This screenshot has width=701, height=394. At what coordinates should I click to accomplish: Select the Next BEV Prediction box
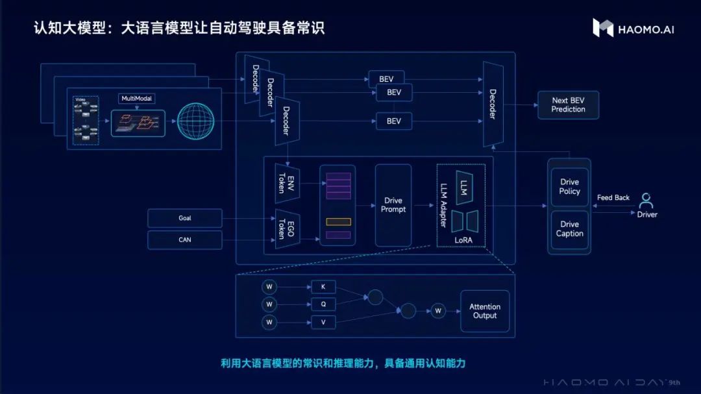[568, 105]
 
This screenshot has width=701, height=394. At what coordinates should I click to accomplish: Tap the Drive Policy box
[569, 187]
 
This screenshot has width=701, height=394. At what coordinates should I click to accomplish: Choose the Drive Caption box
[569, 229]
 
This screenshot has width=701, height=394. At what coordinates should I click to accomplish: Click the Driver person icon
[646, 201]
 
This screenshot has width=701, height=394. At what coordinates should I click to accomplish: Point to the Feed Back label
[613, 198]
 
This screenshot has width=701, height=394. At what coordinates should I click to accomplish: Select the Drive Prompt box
[393, 205]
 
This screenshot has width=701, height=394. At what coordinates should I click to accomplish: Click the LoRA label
[463, 240]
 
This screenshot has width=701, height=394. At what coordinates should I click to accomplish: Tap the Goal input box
[185, 218]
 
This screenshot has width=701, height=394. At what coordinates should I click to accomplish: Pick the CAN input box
[185, 240]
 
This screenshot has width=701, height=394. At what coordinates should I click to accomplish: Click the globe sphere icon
[195, 122]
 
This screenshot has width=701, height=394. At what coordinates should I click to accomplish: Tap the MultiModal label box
[136, 99]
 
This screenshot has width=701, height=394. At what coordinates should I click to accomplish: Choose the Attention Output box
[485, 311]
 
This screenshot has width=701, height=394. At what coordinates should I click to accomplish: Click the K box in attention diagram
[323, 287]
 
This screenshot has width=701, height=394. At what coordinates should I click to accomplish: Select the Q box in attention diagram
[323, 304]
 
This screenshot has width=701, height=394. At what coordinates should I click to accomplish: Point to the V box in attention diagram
[323, 322]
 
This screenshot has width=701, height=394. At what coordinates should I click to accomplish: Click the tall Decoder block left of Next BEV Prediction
[493, 105]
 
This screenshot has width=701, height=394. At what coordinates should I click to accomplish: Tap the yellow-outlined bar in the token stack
[338, 222]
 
